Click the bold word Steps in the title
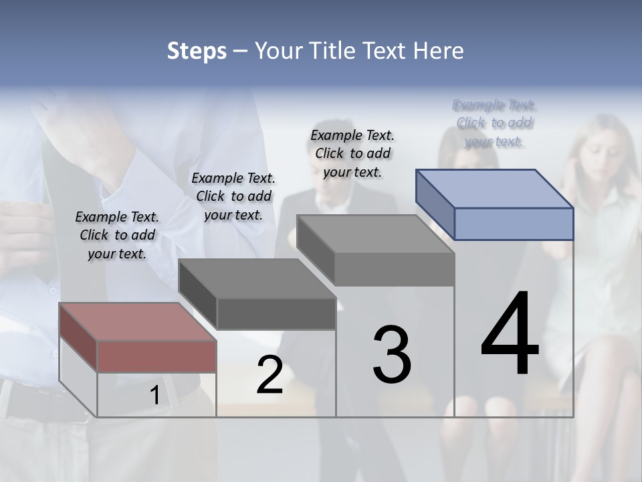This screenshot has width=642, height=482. pos(196,51)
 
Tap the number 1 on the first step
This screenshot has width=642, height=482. pos(154,396)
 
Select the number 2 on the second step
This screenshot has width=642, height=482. pos(270,375)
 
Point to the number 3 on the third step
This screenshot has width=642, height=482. pos(392,355)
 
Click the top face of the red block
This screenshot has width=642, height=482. pos(138,322)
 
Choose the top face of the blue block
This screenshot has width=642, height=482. pos(494,189)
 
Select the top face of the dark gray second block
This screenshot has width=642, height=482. pos(257,278)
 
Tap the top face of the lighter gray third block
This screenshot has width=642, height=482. pos(375,234)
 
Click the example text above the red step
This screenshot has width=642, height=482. pos(117,235)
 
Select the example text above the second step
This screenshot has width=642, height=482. pos(233,196)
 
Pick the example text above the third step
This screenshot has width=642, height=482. pos(352,153)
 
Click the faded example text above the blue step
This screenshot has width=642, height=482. pos(494,123)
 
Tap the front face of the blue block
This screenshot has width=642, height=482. pos(514,224)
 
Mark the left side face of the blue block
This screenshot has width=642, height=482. pos(435,204)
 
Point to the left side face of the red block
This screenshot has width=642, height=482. pos(78,337)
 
